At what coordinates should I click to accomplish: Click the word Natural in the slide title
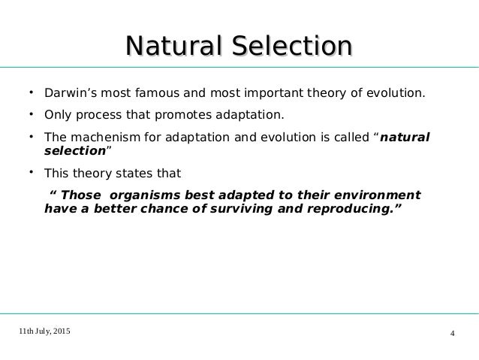pyautogui.click(x=173, y=46)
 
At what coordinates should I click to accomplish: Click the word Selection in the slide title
pyautogui.click(x=292, y=46)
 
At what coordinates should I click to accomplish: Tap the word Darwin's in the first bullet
pyautogui.click(x=71, y=92)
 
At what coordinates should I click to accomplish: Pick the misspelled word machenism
pyautogui.click(x=105, y=137)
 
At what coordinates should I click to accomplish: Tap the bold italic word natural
pyautogui.click(x=405, y=137)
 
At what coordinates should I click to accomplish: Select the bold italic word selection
pyautogui.click(x=75, y=150)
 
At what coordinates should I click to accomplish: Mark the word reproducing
pyautogui.click(x=350, y=209)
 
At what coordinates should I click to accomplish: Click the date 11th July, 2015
pyautogui.click(x=44, y=331)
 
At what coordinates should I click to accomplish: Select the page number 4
pyautogui.click(x=453, y=334)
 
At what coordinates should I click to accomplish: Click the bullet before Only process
pyautogui.click(x=32, y=114)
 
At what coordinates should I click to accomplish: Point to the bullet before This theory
pyautogui.click(x=32, y=172)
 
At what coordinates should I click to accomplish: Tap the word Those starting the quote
pyautogui.click(x=80, y=195)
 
